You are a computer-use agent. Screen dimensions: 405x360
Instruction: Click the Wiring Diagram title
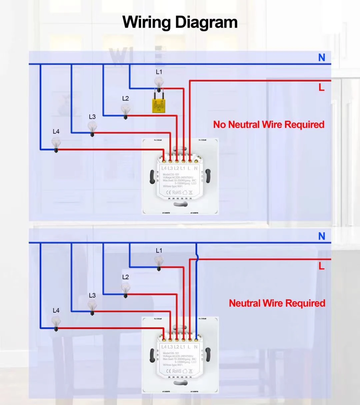click(180, 22)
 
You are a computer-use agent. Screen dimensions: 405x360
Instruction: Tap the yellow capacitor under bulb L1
click(158, 106)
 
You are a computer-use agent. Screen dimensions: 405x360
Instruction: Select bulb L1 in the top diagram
click(159, 83)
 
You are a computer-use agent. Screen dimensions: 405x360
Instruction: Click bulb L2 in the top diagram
click(125, 109)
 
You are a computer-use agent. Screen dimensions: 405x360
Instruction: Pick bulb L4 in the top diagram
click(56, 144)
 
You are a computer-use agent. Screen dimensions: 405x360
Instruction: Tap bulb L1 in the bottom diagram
click(159, 262)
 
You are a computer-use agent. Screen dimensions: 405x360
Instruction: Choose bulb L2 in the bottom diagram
click(125, 288)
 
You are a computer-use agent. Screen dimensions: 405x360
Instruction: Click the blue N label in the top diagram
click(322, 58)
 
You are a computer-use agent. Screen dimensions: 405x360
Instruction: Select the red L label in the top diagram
click(321, 87)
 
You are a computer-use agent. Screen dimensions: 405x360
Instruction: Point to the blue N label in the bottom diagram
click(322, 236)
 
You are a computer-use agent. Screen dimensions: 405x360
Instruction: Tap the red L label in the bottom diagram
click(321, 266)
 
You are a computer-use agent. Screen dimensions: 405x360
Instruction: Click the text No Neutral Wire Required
click(269, 125)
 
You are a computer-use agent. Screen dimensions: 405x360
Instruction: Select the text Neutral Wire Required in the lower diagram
click(277, 303)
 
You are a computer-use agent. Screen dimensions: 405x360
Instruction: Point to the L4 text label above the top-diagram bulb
click(56, 131)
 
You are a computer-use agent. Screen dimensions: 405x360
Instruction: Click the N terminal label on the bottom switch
click(196, 347)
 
